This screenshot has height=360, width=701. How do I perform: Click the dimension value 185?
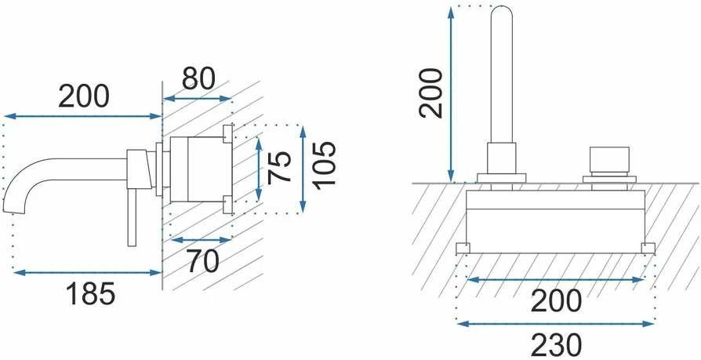tap(91, 294)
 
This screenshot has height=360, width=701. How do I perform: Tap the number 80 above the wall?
tap(198, 78)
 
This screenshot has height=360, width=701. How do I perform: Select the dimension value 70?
tap(202, 260)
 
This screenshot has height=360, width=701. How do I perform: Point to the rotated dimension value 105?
tap(323, 165)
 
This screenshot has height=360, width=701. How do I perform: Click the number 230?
tap(556, 345)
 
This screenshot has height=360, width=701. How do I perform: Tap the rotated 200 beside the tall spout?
tap(430, 93)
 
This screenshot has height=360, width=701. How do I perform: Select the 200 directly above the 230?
tap(556, 301)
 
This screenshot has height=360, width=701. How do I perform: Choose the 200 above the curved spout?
tap(84, 96)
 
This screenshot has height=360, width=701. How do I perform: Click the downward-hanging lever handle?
tap(132, 217)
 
